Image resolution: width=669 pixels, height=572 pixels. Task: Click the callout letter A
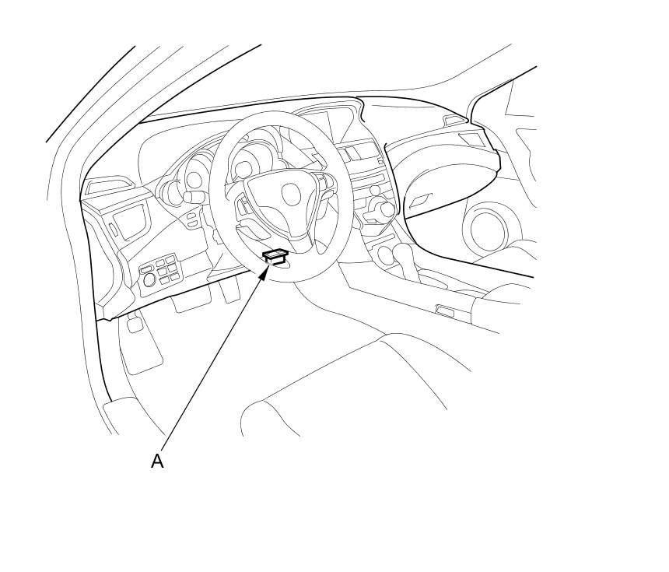coord(157,461)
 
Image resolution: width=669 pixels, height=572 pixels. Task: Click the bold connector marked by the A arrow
coord(275,255)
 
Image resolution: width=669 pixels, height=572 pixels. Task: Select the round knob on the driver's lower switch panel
coord(149,280)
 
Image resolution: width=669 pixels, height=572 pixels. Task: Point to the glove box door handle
coord(420,201)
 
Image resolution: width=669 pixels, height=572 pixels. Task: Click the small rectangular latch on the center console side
coord(446,311)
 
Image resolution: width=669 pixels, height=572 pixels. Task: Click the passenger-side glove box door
coord(443,187)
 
